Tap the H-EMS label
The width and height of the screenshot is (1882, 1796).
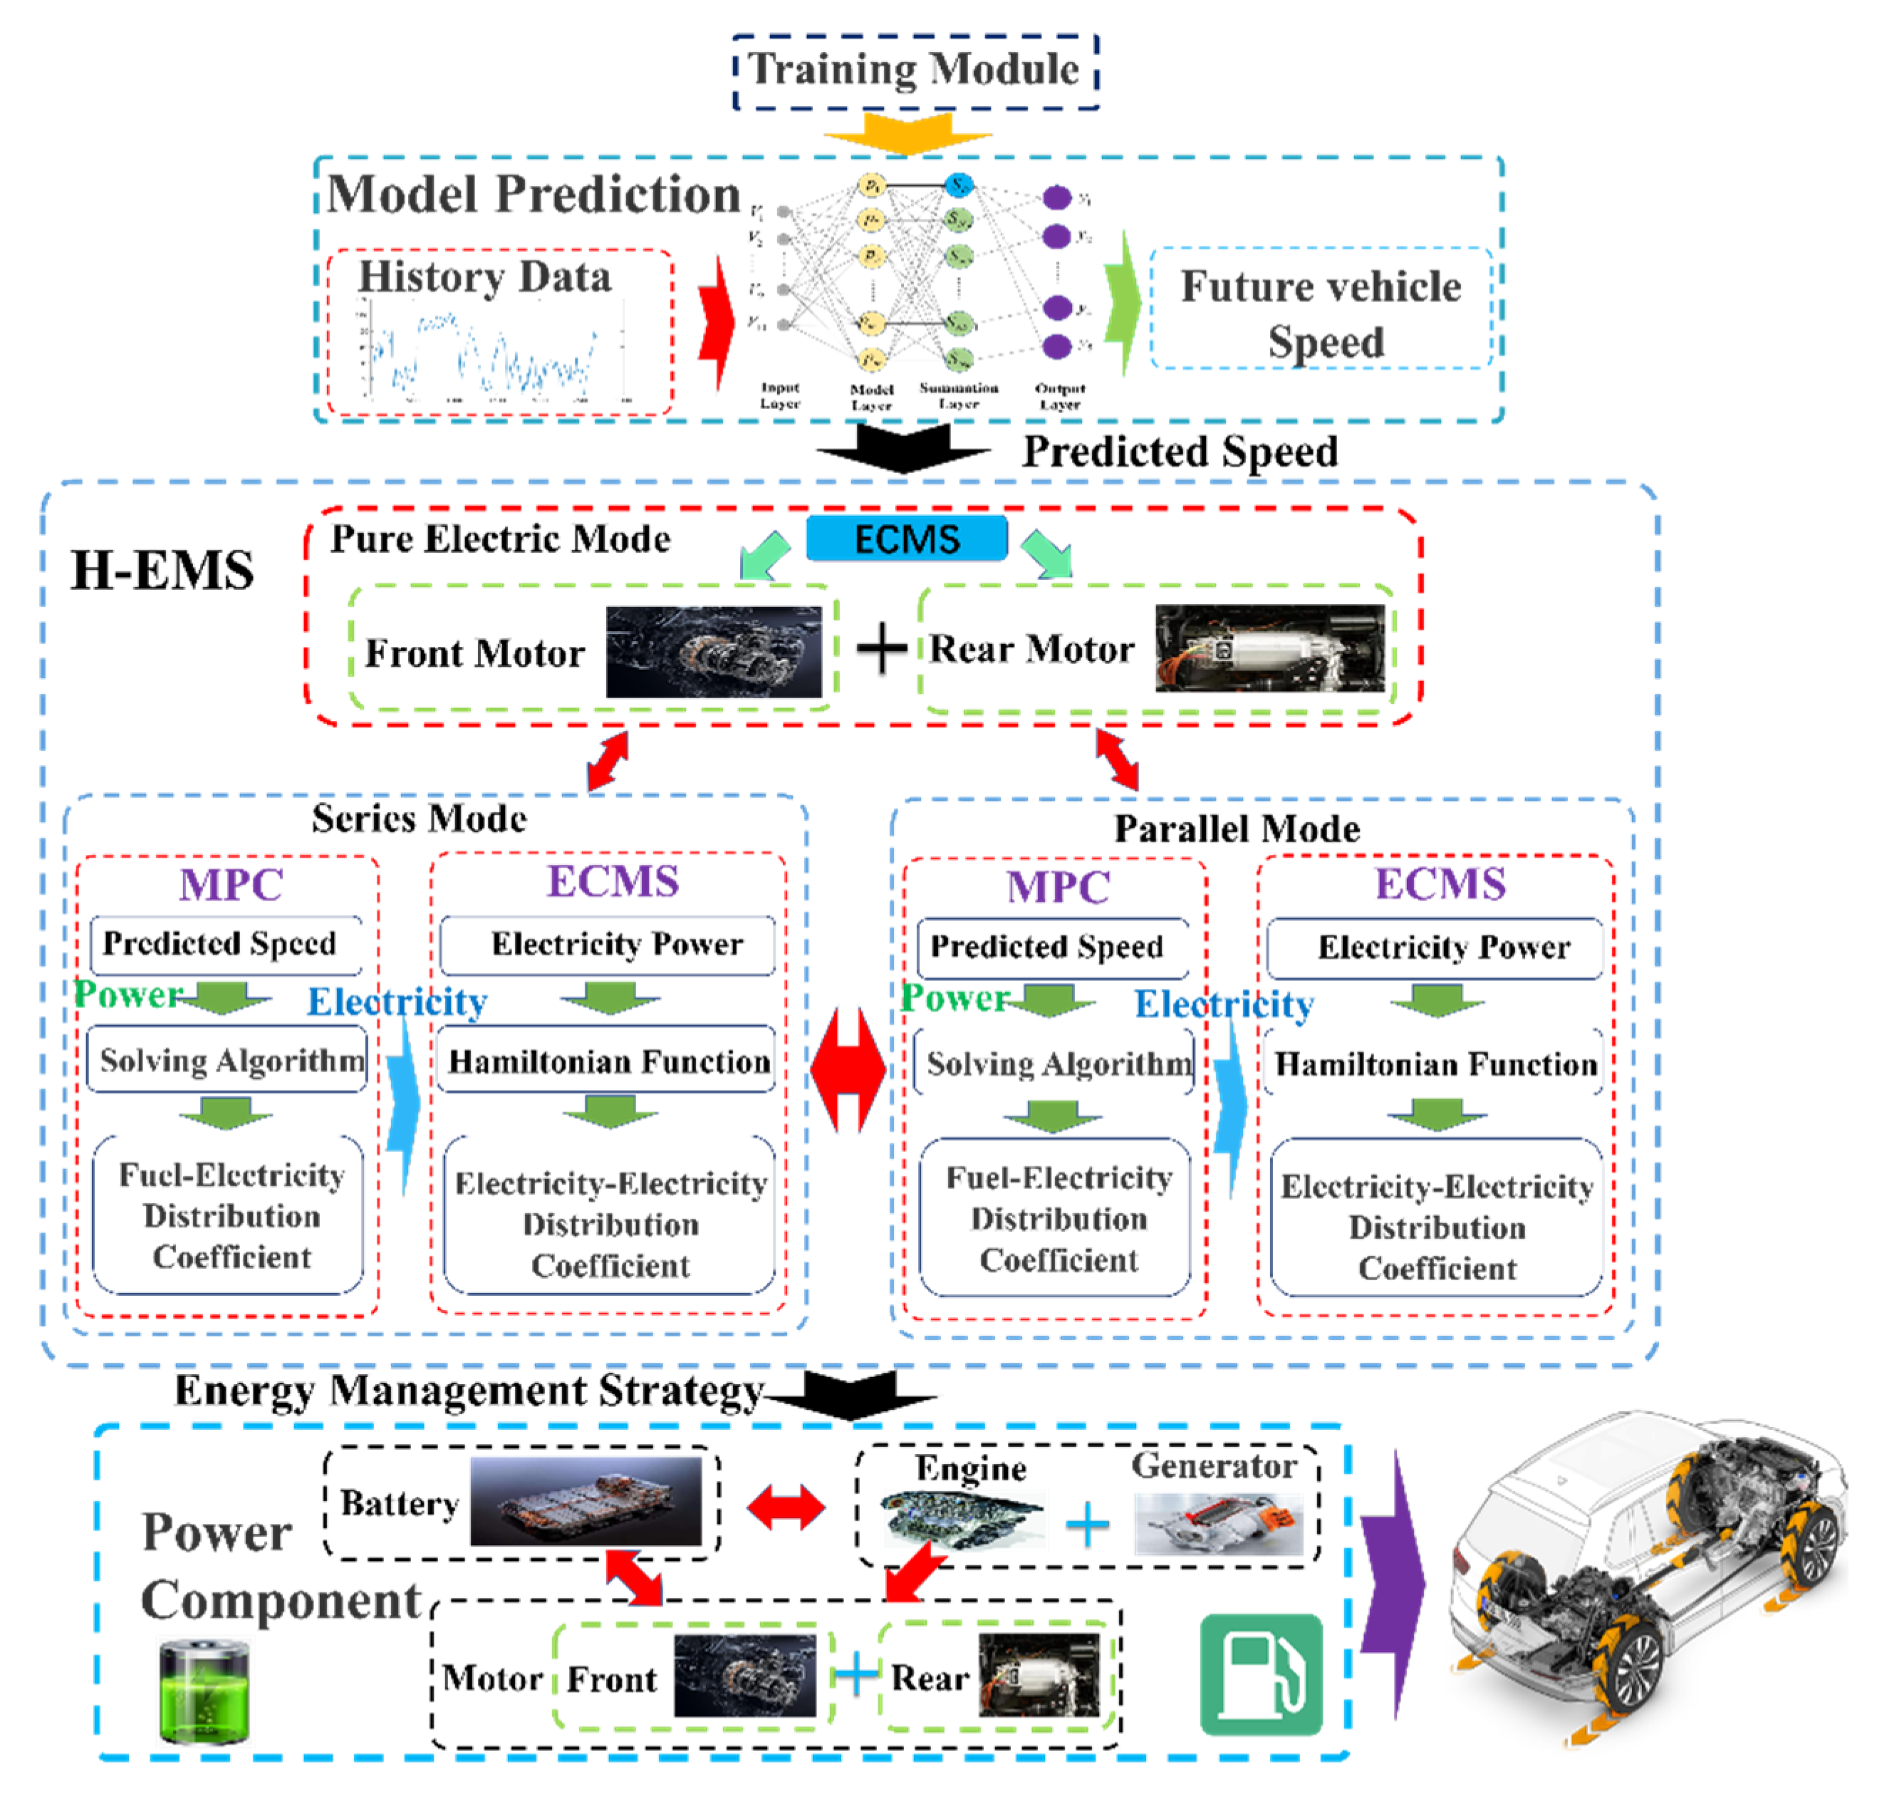click(162, 571)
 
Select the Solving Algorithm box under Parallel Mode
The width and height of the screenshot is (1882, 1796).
click(1055, 1064)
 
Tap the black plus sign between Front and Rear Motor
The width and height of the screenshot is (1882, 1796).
click(880, 649)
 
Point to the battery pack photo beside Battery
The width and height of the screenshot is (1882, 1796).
click(586, 1501)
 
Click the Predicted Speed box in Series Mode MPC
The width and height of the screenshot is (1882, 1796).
click(225, 944)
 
